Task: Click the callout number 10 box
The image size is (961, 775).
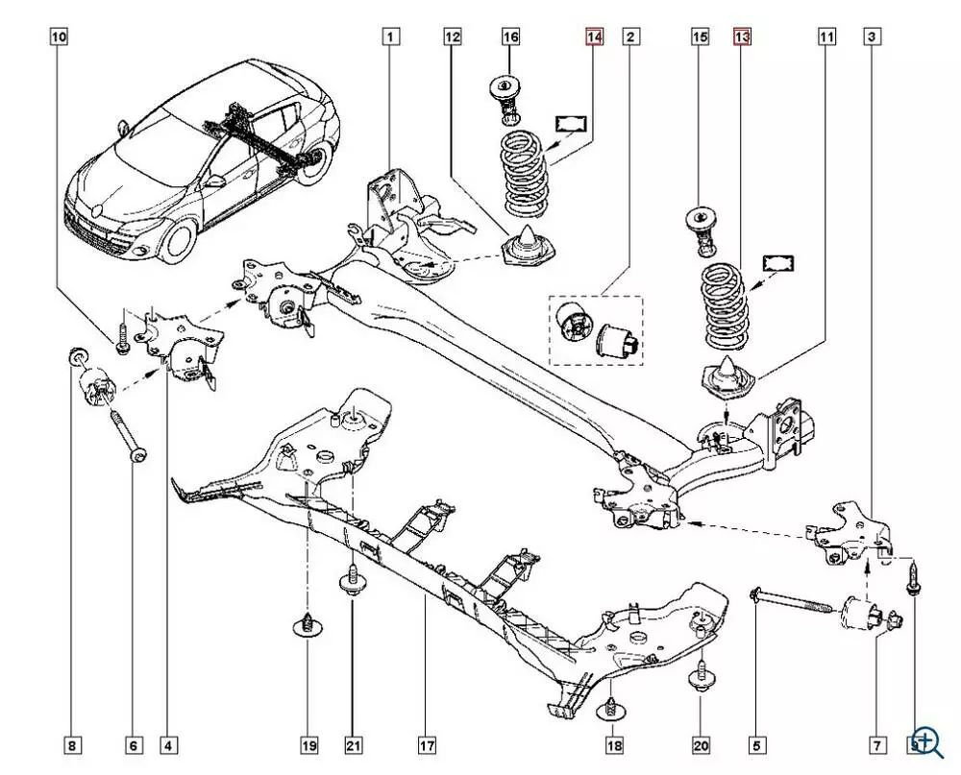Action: pyautogui.click(x=60, y=37)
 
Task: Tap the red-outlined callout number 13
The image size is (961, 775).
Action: pyautogui.click(x=741, y=37)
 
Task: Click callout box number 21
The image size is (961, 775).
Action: pyautogui.click(x=352, y=745)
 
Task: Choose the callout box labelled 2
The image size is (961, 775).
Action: pyautogui.click(x=630, y=37)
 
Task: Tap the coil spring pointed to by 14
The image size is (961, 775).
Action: pyautogui.click(x=525, y=173)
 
